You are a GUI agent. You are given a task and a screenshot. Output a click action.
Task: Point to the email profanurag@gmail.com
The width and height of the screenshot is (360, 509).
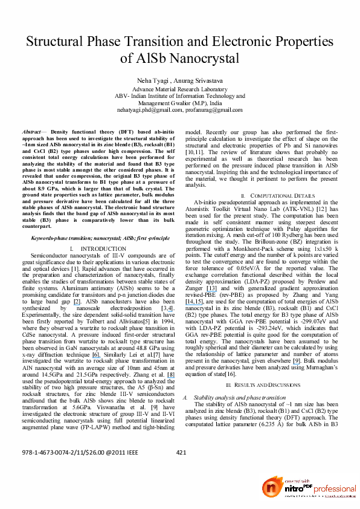(x=211, y=110)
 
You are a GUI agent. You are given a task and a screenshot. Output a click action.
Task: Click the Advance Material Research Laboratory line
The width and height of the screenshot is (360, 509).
(x=179, y=89)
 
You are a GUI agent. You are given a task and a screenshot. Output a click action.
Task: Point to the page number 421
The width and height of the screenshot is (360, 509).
(x=181, y=453)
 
